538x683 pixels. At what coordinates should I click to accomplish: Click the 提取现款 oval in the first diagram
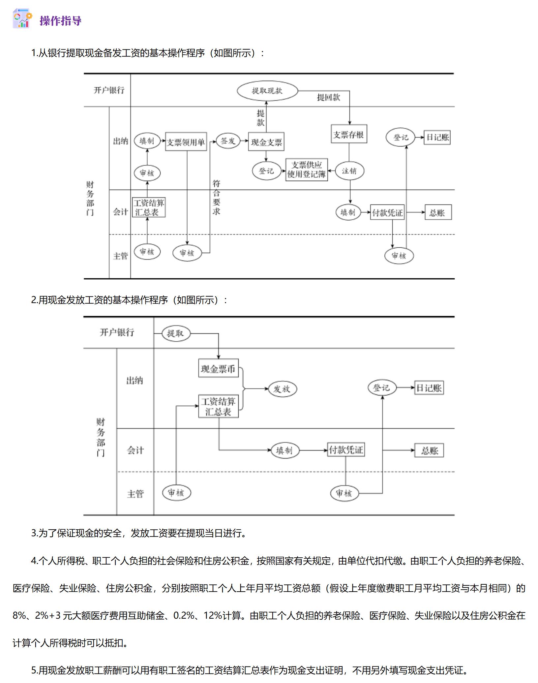(267, 91)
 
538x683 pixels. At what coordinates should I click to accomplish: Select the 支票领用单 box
(186, 142)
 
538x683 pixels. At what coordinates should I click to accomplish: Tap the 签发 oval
(228, 141)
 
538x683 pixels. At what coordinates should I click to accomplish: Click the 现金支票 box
(266, 142)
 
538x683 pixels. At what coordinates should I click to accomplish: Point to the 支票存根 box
(349, 134)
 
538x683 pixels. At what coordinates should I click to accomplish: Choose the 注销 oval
(349, 171)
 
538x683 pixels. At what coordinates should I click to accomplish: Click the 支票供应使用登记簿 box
(307, 170)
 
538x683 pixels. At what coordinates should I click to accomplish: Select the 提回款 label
(328, 97)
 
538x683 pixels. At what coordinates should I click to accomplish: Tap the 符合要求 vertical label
(216, 197)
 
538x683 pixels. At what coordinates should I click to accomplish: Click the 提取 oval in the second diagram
(176, 333)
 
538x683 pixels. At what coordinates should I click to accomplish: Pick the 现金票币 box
(218, 368)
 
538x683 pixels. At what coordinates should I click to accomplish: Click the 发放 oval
(283, 389)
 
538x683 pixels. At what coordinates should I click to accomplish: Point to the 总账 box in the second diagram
(429, 450)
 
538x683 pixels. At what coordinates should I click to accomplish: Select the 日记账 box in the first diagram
(437, 137)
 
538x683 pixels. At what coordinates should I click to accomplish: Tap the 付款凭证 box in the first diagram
(387, 213)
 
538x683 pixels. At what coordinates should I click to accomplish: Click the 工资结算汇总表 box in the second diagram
(218, 406)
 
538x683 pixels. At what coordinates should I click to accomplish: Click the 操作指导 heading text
(61, 21)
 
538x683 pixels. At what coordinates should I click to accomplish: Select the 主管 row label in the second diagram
(135, 493)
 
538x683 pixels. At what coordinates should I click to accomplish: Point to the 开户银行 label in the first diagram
(109, 90)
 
